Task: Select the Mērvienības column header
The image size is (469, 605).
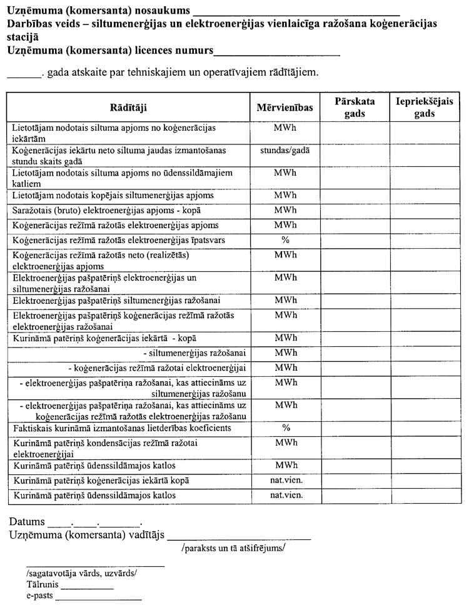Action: click(x=285, y=107)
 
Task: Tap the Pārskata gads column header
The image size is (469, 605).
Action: click(x=355, y=107)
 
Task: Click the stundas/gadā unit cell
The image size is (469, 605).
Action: click(x=285, y=151)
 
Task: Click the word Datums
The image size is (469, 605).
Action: click(x=27, y=522)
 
